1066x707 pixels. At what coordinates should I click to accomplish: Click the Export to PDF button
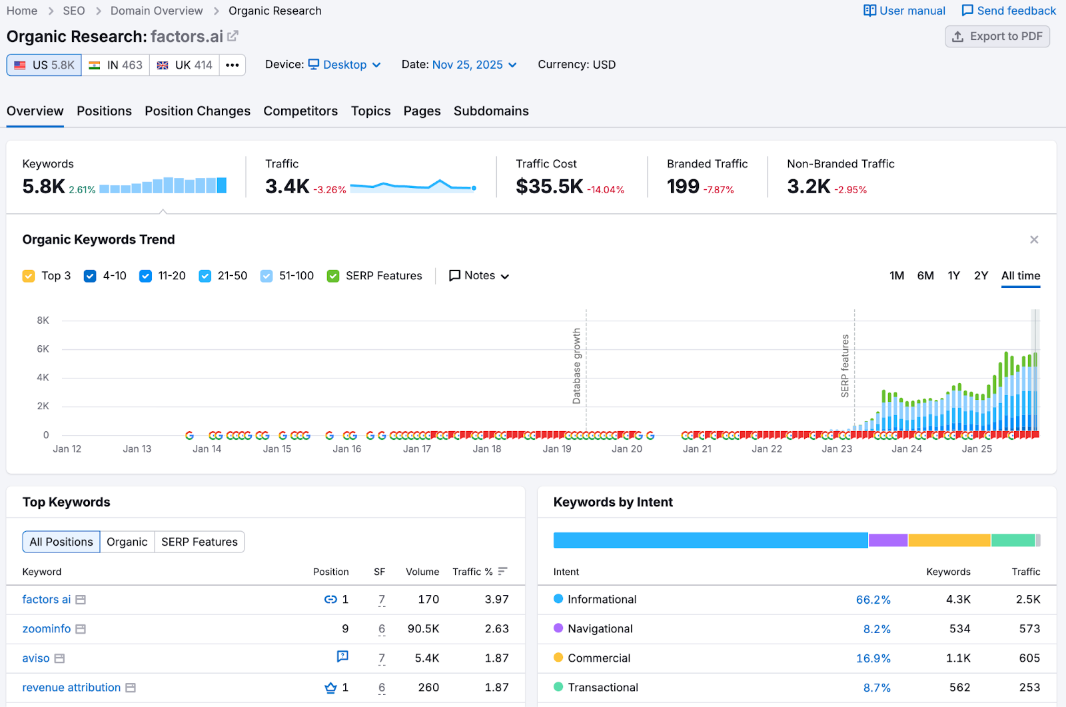997,37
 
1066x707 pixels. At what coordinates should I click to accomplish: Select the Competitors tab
300,111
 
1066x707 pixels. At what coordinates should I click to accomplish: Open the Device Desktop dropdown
344,65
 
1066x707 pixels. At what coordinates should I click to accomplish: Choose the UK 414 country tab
185,65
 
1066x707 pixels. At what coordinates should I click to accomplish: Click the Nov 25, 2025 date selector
474,65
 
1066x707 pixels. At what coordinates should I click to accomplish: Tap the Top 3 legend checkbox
29,276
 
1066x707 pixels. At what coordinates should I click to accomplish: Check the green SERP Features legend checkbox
333,276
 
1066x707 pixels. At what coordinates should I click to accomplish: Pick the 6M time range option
925,276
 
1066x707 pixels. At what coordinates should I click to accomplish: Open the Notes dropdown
479,276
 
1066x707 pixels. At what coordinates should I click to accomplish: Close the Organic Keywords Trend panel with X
1034,240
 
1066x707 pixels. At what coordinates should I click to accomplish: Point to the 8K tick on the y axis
43,321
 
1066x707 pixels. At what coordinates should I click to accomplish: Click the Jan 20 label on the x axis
627,449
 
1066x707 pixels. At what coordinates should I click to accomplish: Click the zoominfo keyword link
47,629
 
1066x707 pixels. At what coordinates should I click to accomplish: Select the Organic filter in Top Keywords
127,542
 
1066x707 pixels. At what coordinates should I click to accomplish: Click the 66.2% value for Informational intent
873,600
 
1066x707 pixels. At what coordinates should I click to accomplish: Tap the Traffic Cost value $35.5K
549,187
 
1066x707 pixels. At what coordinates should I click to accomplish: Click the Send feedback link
1009,11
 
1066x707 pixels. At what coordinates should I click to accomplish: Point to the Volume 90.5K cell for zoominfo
423,629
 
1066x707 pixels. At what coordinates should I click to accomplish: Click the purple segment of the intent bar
887,540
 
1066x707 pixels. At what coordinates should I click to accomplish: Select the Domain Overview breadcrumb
157,11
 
